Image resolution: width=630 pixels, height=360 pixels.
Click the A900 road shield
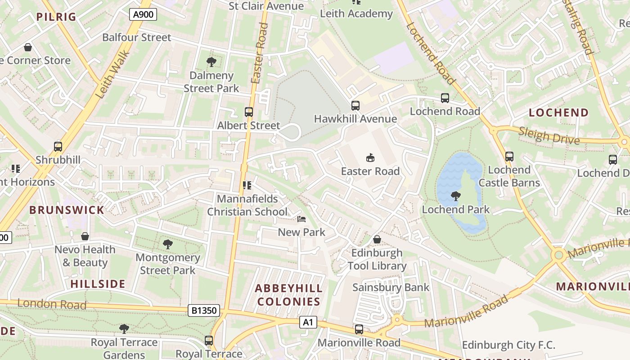pos(144,14)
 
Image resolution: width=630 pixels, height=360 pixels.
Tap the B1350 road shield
pos(204,310)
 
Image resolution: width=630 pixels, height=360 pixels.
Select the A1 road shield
pos(308,322)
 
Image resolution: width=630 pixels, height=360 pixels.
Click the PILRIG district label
pos(56,17)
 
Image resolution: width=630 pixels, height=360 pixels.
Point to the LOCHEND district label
pos(558,112)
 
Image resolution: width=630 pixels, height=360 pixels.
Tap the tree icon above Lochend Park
pos(456,196)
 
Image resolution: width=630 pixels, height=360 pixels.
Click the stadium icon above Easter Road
pos(370,157)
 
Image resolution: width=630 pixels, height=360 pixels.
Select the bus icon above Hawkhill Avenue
pos(355,106)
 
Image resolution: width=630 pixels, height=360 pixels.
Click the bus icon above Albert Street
pos(249,112)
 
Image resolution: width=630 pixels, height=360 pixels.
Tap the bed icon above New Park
pos(301,219)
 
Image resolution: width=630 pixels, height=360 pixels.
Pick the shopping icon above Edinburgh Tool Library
pos(377,239)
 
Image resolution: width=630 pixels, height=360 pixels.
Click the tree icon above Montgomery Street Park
pos(168,244)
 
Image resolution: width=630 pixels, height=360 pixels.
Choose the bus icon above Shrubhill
pos(58,146)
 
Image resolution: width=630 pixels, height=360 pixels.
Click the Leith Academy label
pos(356,13)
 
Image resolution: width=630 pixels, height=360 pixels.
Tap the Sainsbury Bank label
pos(391,287)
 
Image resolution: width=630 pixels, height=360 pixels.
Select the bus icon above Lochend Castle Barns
pos(509,157)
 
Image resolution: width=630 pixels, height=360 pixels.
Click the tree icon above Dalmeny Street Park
pos(211,62)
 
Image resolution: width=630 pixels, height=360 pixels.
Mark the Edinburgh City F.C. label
pos(508,345)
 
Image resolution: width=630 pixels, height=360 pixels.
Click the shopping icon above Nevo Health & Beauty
pos(85,236)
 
